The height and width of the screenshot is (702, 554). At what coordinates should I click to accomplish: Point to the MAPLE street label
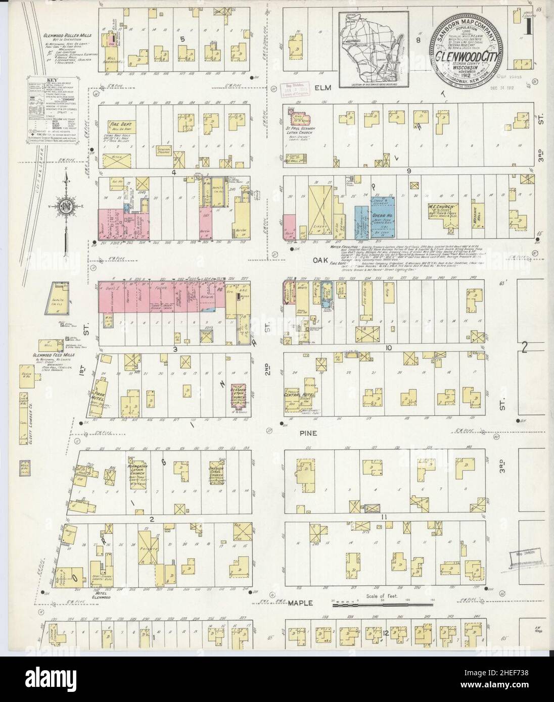302,603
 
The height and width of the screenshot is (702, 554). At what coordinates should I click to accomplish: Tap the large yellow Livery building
320,213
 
